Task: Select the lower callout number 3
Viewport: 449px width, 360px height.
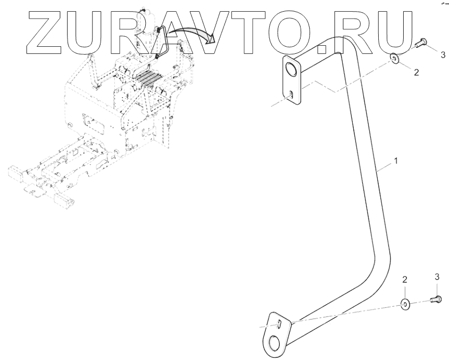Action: [437, 276]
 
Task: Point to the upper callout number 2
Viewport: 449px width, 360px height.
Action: [416, 72]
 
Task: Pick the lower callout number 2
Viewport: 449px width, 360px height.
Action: [404, 279]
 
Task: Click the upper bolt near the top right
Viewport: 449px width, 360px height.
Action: [420, 43]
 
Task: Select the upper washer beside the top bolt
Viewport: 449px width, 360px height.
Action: [396, 57]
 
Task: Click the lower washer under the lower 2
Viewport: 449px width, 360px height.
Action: [405, 304]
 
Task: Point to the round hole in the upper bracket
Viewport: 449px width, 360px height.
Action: [291, 69]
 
